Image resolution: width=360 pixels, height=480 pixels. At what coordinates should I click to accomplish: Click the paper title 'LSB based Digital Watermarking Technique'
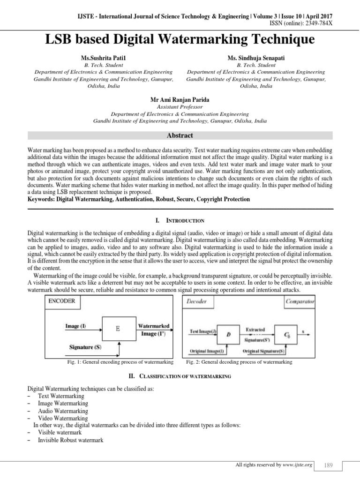[x=180, y=39]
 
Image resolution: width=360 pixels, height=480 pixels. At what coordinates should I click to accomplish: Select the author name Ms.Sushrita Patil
[x=104, y=57]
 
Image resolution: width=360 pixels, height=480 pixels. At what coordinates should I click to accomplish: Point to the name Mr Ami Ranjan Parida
[x=180, y=99]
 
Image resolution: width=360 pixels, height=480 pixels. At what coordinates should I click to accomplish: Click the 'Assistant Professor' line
[x=180, y=107]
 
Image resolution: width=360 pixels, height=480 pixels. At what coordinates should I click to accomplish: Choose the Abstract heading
[x=180, y=135]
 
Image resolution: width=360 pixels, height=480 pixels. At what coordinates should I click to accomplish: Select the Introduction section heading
[x=180, y=220]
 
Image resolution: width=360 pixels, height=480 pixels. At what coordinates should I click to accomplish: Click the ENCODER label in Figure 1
[x=61, y=301]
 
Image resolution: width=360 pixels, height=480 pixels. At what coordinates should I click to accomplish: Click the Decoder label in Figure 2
[x=197, y=301]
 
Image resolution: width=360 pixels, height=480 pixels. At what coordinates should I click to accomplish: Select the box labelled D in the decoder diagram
[x=228, y=334]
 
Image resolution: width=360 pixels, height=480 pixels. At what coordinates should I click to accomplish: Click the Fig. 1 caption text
[x=120, y=362]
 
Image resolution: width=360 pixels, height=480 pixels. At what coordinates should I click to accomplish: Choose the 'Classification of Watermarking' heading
[x=180, y=376]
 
